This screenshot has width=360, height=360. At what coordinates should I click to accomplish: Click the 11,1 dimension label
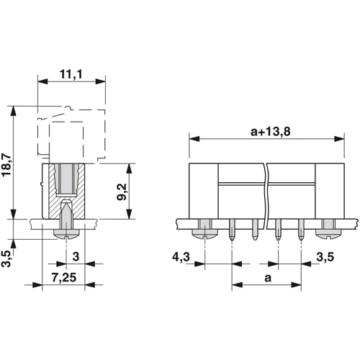pyautogui.click(x=71, y=74)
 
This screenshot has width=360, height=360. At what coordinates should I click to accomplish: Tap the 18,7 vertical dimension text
pyautogui.click(x=6, y=165)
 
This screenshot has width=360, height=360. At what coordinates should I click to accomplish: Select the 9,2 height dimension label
pyautogui.click(x=121, y=192)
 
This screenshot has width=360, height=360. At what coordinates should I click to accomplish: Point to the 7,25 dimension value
pyautogui.click(x=64, y=278)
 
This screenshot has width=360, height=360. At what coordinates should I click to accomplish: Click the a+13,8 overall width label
pyautogui.click(x=271, y=132)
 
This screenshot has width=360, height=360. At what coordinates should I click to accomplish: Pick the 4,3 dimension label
pyautogui.click(x=181, y=257)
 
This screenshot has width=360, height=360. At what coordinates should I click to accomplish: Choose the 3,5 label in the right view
pyautogui.click(x=325, y=257)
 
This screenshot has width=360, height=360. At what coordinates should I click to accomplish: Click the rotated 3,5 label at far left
pyautogui.click(x=6, y=258)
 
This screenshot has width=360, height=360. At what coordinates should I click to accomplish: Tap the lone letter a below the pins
pyautogui.click(x=268, y=278)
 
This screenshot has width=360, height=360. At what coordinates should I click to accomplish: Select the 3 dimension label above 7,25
pyautogui.click(x=76, y=256)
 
